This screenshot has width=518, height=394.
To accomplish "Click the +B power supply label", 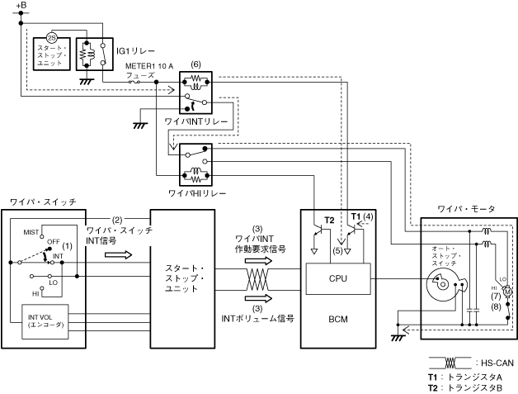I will coord(21,6).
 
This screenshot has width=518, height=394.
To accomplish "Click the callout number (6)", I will coord(195,64).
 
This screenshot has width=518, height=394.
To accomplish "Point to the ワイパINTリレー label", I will coord(195,121).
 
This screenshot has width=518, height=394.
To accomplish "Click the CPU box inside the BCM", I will coord(338,278).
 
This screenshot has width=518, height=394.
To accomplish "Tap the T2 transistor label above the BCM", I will coord(329,221).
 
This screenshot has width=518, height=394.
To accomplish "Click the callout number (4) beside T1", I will coord(369,216).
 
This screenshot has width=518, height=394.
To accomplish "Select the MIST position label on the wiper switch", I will coord(32,233).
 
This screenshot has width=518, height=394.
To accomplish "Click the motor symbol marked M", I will coord(507,291).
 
